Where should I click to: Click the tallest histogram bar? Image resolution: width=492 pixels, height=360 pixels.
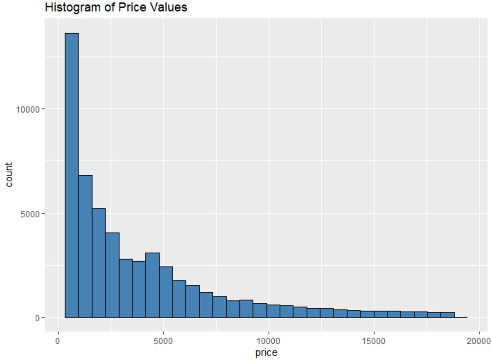[72, 175]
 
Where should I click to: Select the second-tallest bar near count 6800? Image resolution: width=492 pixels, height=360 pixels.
[85, 246]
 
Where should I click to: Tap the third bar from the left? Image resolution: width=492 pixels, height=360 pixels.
[99, 263]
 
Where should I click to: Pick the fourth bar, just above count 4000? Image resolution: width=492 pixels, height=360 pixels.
[112, 275]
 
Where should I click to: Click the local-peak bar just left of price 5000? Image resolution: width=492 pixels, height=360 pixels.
[152, 285]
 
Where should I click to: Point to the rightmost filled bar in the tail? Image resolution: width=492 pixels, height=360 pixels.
[448, 315]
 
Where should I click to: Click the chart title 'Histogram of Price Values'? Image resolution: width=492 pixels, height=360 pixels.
[116, 8]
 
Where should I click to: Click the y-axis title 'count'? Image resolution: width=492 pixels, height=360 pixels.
[9, 175]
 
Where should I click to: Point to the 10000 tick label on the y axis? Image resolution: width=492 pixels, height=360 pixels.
[28, 109]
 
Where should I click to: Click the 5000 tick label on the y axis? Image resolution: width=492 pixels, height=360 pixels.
[30, 214]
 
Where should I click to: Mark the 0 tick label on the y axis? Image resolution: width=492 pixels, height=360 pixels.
[37, 318]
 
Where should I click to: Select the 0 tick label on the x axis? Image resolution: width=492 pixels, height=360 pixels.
[58, 341]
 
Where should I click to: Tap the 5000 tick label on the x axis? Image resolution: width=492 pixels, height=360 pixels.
[163, 341]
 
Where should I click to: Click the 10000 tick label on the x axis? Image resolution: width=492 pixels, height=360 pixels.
[269, 341]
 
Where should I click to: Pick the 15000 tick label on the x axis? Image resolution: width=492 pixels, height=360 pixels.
[374, 341]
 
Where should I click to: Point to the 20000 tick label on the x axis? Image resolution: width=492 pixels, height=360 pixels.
[479, 341]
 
